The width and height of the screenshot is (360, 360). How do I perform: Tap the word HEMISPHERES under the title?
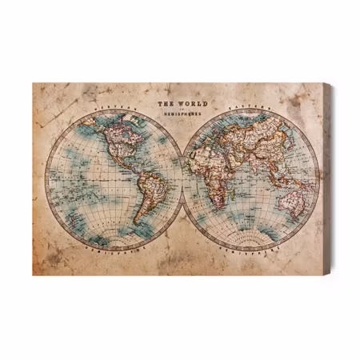click(181, 117)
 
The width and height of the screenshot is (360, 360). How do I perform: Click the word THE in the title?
click(164, 104)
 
